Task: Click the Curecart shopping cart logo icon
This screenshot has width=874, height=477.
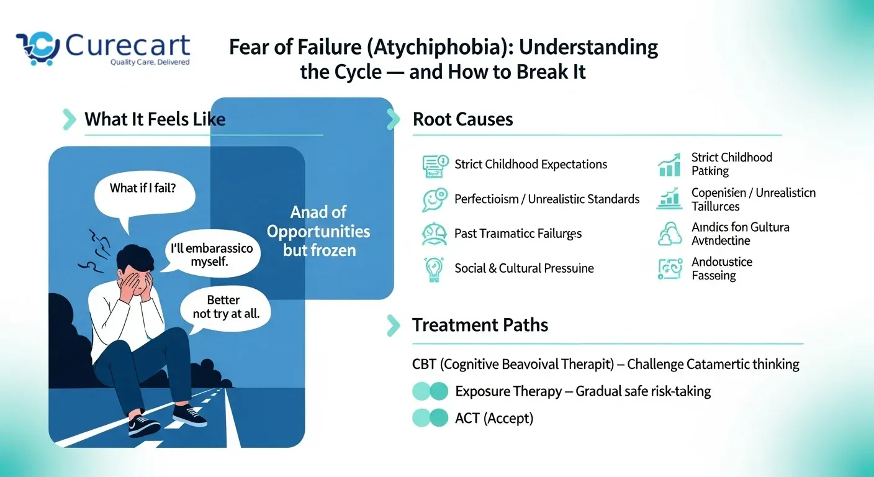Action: point(38,47)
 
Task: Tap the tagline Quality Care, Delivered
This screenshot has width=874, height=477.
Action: point(150,62)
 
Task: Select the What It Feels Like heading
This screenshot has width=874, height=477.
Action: point(155,119)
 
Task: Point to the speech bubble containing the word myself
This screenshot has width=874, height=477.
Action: point(212,255)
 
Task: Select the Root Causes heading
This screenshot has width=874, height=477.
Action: point(462,119)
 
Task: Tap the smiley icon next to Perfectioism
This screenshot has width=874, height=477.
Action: point(434,200)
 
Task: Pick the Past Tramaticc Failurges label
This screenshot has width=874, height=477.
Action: point(518,234)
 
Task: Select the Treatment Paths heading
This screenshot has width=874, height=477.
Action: point(480,325)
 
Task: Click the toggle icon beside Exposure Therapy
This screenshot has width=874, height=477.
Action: point(430,391)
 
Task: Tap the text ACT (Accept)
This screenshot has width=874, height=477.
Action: point(493,418)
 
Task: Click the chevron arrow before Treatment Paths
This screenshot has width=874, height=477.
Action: point(393,325)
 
